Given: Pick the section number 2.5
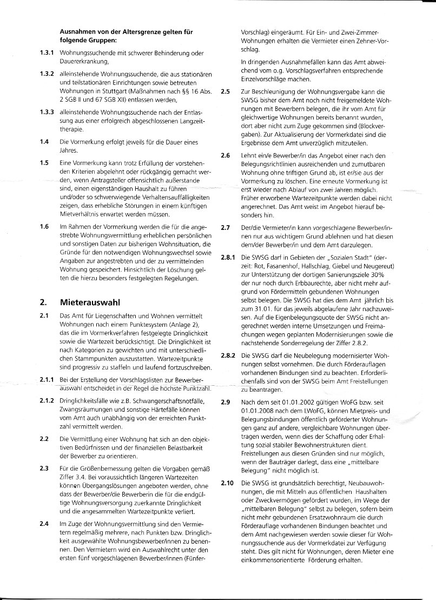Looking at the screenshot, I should pos(227,93).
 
